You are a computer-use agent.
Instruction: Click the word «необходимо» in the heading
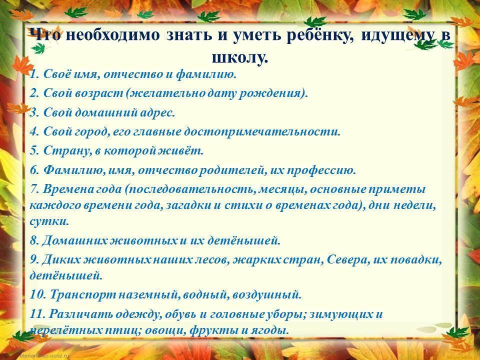[112, 34]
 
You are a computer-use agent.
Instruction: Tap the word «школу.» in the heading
[240, 57]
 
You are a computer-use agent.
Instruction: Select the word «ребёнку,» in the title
[320, 35]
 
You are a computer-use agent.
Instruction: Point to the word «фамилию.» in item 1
[206, 74]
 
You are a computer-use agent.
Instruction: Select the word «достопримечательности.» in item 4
[262, 132]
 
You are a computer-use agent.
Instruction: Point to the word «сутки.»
[49, 221]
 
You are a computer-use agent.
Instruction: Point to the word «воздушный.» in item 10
[267, 295]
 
